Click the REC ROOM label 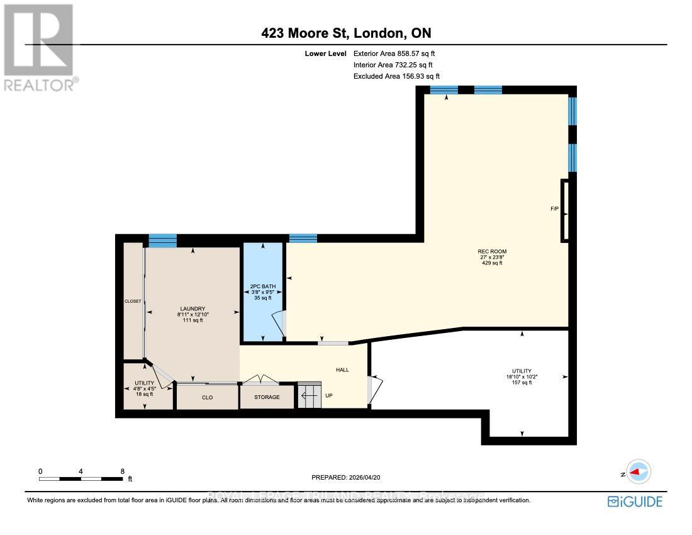(492, 252)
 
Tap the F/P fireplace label (554, 208)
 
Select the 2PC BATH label (263, 286)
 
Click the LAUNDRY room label (193, 309)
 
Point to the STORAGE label (266, 397)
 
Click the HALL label (342, 370)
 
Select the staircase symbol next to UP (309, 395)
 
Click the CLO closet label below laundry (207, 397)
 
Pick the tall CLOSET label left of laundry (133, 301)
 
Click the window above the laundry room (162, 240)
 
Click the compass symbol (639, 471)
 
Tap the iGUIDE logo (635, 502)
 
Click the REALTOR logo (39, 47)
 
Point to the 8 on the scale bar (122, 471)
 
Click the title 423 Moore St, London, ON (346, 33)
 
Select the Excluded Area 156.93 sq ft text (396, 76)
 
